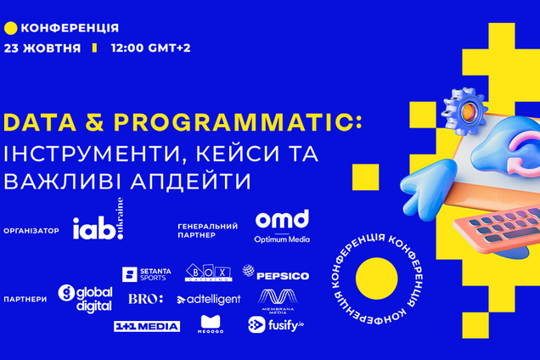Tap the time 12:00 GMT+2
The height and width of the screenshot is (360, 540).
[150, 48]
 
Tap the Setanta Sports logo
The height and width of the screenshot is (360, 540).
[147, 273]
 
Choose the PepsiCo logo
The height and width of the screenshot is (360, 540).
[275, 274]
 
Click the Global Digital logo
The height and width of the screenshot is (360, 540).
[85, 296]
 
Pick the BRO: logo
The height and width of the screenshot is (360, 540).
[145, 299]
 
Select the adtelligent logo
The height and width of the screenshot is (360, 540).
[209, 299]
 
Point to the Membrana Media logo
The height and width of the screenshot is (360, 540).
[280, 300]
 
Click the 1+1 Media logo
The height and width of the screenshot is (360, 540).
[147, 326]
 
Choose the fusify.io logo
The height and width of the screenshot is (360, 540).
[275, 324]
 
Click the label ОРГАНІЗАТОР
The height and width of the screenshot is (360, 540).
[31, 230]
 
